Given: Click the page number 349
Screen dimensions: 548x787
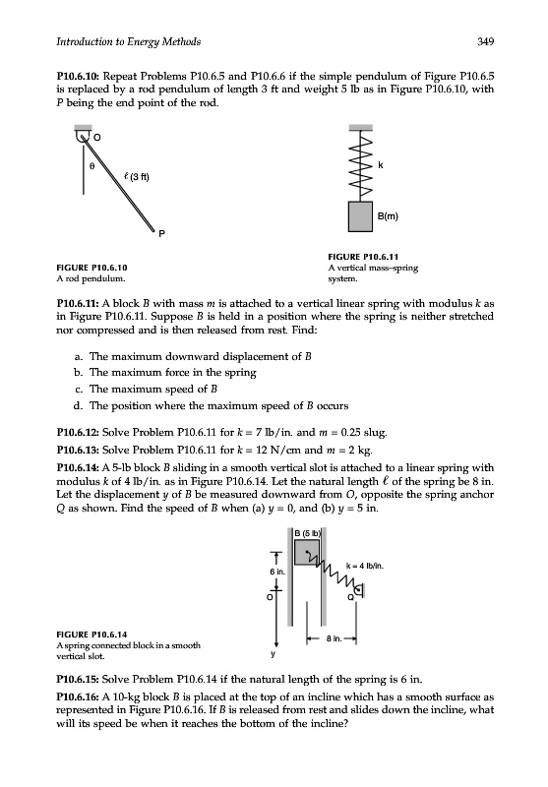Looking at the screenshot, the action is click(x=485, y=41).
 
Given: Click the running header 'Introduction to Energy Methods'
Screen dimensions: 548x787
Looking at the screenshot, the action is click(x=129, y=42).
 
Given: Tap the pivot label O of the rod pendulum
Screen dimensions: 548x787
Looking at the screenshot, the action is click(x=97, y=137).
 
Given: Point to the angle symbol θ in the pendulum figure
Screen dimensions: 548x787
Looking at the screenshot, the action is click(x=91, y=165).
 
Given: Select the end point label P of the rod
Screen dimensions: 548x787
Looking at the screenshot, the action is click(x=161, y=233).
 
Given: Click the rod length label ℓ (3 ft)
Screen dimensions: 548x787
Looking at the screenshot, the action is click(x=136, y=177).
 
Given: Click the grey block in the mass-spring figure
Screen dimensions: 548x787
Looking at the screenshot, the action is click(x=360, y=216).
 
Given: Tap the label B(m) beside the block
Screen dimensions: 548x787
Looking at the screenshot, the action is click(x=388, y=216).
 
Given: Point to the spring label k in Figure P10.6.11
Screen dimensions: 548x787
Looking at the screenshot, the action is click(x=381, y=164).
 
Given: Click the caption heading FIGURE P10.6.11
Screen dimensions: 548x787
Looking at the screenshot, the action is click(x=363, y=257).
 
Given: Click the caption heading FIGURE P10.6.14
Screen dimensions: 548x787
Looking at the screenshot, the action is click(x=91, y=635).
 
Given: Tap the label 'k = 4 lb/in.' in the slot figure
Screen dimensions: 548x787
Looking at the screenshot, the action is click(x=365, y=566).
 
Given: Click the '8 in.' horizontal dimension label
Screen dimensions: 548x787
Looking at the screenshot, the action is click(x=335, y=638).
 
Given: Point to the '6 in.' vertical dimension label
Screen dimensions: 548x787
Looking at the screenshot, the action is click(x=277, y=572).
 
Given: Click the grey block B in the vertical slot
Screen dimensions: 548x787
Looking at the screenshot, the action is click(x=307, y=552).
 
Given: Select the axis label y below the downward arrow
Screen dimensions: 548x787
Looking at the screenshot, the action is click(x=274, y=654).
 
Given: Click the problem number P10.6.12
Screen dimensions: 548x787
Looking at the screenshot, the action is click(x=78, y=433).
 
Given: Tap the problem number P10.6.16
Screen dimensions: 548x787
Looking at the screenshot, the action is click(x=78, y=697).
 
